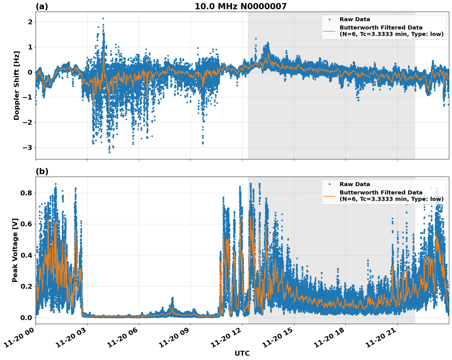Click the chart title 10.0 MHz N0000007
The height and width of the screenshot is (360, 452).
[x=240, y=6]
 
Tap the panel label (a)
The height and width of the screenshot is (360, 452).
[x=42, y=6]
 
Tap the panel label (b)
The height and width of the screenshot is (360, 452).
[x=42, y=171]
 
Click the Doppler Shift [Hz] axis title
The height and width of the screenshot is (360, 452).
[x=17, y=85]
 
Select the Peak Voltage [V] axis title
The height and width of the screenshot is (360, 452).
[x=15, y=250]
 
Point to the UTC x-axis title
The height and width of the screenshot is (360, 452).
[x=242, y=353]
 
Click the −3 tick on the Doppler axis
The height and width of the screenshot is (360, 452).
[x=28, y=148]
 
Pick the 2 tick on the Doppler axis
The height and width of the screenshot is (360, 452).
[x=30, y=22]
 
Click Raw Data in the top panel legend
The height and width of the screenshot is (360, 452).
[x=355, y=19]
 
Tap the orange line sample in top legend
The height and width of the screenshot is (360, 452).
[x=329, y=31]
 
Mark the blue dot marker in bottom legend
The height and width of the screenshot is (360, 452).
[x=329, y=184]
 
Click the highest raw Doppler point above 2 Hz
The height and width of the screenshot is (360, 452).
[x=103, y=18]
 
